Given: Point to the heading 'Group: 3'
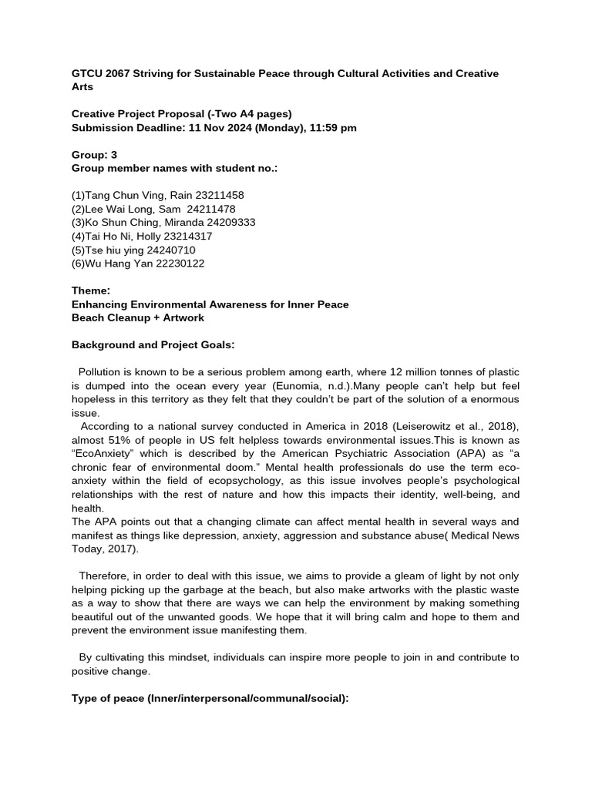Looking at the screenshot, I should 94,155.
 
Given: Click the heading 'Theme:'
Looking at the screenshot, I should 91,290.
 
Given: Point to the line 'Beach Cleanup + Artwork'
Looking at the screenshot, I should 138,317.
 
